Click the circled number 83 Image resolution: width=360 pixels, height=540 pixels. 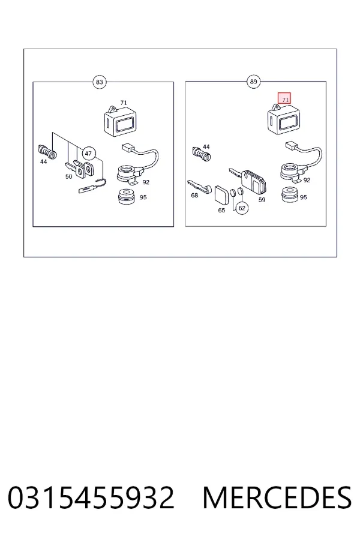click(x=99, y=82)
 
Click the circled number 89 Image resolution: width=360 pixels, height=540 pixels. click(x=253, y=82)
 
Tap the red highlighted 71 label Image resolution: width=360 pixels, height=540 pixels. click(x=284, y=98)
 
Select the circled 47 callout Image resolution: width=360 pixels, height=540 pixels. click(x=89, y=154)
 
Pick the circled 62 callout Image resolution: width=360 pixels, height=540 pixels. click(x=242, y=208)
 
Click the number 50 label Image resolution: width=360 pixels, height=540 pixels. click(x=69, y=176)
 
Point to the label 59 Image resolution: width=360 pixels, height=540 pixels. click(x=262, y=199)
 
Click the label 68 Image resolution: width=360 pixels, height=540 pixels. click(x=194, y=195)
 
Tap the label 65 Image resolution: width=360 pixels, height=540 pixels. click(x=221, y=210)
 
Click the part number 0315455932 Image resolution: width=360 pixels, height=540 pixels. click(x=91, y=497)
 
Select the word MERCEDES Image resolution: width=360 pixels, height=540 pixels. click(x=277, y=497)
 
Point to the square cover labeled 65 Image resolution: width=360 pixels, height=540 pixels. click(x=221, y=196)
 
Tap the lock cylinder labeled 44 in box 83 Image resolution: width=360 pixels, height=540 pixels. click(x=47, y=151)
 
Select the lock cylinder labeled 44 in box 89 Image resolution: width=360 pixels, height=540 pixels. click(x=202, y=154)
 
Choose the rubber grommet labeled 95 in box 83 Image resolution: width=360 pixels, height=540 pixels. click(x=127, y=196)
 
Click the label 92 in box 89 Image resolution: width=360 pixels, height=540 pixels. click(x=307, y=180)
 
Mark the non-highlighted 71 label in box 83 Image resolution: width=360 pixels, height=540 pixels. click(x=124, y=103)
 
